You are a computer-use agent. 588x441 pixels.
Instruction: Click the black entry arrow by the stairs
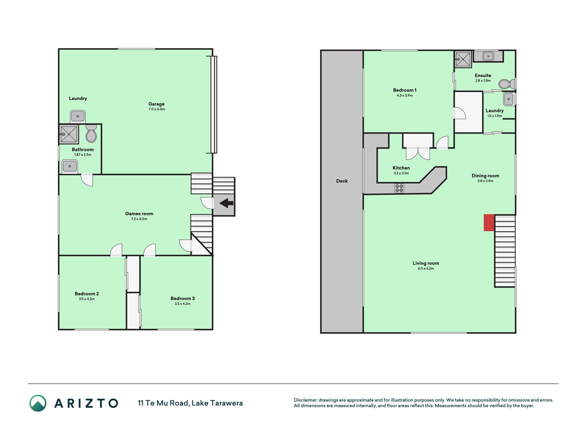226,203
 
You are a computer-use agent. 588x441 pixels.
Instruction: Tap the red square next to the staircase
489,223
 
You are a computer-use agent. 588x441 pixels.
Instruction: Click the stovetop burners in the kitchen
399,188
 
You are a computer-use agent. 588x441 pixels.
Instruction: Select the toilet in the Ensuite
507,84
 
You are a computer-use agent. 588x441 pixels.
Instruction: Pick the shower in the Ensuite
463,59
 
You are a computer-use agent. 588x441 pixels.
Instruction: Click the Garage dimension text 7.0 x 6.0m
157,109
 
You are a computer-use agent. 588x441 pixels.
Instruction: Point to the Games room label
139,214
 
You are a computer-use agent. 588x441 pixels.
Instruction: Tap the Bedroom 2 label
87,294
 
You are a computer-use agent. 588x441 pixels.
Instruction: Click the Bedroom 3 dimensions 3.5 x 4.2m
183,304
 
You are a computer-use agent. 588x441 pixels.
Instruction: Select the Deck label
342,181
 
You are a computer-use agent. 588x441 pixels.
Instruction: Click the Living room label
426,263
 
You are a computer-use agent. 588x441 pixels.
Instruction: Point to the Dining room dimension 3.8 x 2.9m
485,181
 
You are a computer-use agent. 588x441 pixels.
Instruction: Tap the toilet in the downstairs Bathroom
91,133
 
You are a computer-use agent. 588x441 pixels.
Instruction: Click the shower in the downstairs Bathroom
69,134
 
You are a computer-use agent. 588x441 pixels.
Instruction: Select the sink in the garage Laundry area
78,116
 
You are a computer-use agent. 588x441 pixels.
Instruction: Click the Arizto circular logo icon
38,403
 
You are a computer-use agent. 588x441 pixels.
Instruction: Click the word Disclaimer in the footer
305,400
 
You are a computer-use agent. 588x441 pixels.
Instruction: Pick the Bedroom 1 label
405,90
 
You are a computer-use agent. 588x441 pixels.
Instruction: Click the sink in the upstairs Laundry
508,99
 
